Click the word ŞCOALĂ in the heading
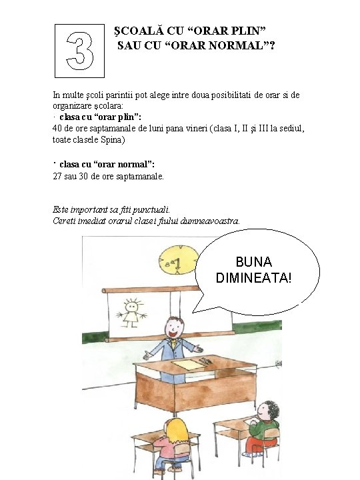(139, 31)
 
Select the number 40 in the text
(57, 128)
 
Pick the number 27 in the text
(57, 177)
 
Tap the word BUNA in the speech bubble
(253, 262)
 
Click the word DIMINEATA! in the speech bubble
(253, 278)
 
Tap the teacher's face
(174, 327)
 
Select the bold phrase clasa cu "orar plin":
(100, 117)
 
